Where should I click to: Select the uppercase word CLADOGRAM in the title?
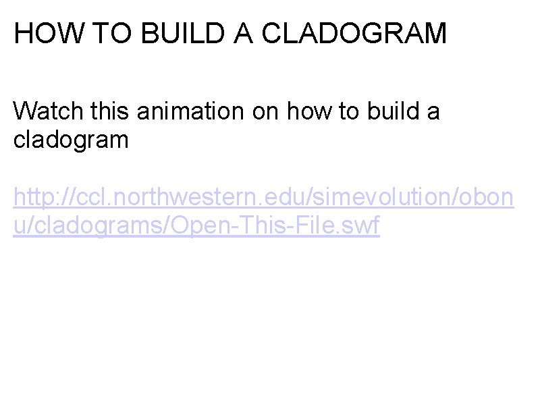(x=354, y=33)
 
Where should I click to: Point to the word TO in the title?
(x=99, y=33)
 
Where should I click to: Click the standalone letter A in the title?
(x=244, y=33)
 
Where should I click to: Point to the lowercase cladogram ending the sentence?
(x=71, y=140)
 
